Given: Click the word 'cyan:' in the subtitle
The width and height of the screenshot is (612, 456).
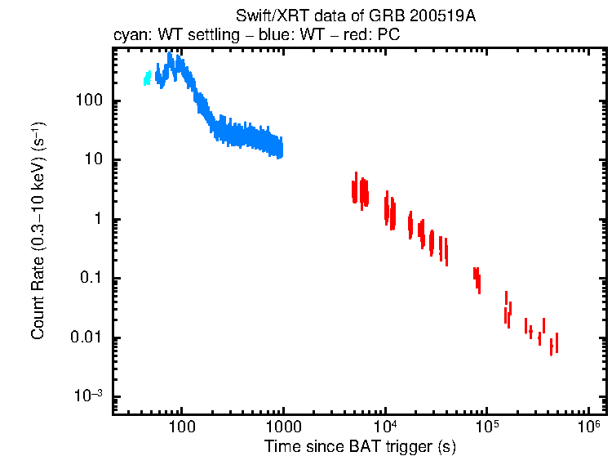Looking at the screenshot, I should pos(129,36).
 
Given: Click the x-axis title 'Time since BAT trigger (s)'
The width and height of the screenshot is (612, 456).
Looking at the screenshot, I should pos(359,446).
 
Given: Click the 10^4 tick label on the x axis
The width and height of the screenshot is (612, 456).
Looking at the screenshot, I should pos(385,427).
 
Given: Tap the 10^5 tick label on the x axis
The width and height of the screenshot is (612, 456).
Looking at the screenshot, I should pos(487,427).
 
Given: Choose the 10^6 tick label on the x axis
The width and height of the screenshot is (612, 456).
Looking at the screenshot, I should pos(588,427).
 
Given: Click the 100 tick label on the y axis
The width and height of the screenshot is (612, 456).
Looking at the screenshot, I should pos(87,101).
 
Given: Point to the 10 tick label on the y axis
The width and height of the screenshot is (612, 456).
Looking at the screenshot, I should pos(92,160).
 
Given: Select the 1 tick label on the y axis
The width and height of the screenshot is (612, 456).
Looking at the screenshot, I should pos(96,220).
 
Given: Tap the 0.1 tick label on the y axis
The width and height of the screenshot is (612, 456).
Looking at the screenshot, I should pos(91,279).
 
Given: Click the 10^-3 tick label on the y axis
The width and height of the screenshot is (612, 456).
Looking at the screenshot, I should pos(89,396).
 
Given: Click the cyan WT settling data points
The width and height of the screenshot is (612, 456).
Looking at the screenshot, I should pos(148,78).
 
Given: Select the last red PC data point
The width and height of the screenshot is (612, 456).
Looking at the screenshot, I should pos(557,342).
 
